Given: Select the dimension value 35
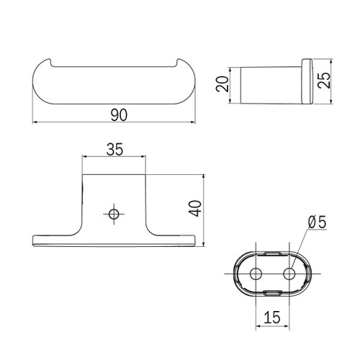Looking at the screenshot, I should [x=115, y=149].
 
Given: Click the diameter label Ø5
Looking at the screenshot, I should [x=318, y=223].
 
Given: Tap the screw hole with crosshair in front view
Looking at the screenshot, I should [x=113, y=213].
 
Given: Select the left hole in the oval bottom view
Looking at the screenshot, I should [x=255, y=274].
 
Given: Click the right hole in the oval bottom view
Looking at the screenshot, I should [x=290, y=274].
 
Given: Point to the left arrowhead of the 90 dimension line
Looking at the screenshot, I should [x=36, y=123].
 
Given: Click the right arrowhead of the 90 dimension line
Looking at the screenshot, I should [x=193, y=123].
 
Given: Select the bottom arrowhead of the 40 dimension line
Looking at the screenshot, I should [x=205, y=243].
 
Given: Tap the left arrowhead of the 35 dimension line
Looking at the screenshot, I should [x=85, y=157].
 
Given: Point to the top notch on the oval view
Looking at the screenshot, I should [x=273, y=253].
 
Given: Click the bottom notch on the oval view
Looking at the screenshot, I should [x=273, y=294].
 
